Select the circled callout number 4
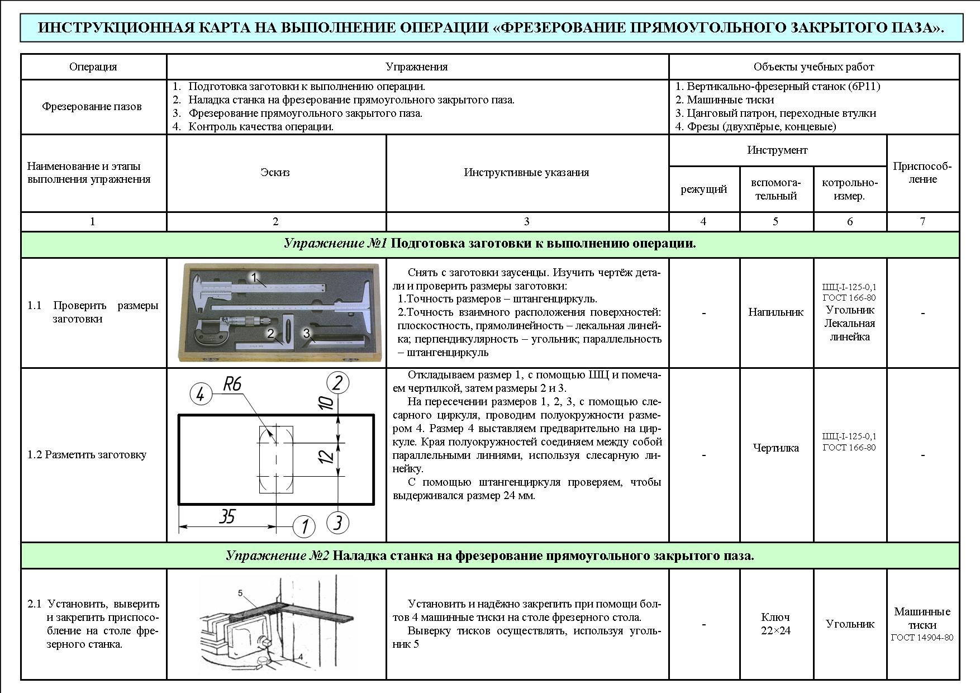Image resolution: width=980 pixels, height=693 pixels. [x=201, y=395]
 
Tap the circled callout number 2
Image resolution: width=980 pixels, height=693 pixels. [x=337, y=383]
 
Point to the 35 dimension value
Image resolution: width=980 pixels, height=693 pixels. [x=226, y=516]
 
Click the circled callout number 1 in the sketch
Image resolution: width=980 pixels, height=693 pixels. [x=304, y=526]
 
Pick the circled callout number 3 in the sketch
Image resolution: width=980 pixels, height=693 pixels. [x=337, y=523]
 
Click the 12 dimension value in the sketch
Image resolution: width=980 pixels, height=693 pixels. [x=327, y=457]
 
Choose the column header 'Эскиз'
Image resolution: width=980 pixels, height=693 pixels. [x=275, y=173]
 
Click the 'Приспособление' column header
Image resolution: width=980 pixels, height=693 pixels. [x=922, y=173]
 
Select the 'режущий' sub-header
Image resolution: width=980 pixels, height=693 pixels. [x=704, y=189]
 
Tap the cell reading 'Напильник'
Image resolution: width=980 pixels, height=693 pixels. [x=776, y=312]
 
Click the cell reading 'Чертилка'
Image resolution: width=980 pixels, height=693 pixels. [x=776, y=448]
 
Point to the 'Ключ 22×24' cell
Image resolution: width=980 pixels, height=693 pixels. [x=776, y=624]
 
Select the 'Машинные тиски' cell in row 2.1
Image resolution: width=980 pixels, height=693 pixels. [x=922, y=619]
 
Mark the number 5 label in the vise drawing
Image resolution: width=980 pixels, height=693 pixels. [x=240, y=592]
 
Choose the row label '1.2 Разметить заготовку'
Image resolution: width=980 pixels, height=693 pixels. [x=87, y=455]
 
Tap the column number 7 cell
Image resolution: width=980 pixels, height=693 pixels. [x=922, y=222]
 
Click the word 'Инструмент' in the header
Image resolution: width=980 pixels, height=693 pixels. [x=777, y=150]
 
